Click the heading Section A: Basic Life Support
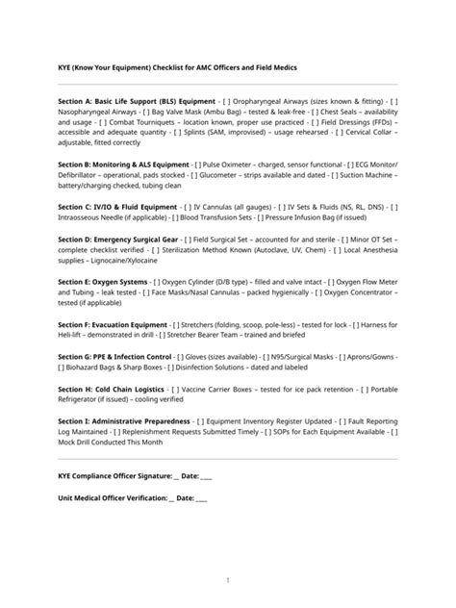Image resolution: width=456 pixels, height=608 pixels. pos(135,100)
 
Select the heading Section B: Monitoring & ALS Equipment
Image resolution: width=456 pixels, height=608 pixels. pos(124,165)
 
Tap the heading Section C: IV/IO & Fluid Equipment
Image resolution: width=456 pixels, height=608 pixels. pos(117,207)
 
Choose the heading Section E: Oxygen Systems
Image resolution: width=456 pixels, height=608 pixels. pos(102,282)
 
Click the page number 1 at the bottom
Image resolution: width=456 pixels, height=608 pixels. pos(228,580)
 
